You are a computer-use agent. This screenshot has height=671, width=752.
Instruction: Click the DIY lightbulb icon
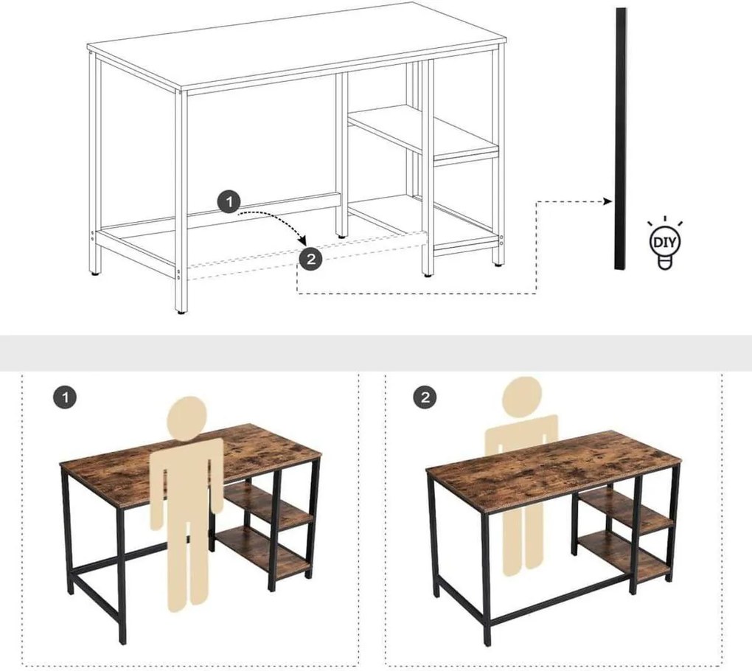664,244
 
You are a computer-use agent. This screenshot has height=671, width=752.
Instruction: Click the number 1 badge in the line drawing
229,201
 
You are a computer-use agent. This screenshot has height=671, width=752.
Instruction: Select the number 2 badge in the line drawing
310,258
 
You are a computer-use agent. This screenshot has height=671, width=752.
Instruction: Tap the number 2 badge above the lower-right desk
425,398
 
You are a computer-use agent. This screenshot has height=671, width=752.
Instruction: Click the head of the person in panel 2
522,397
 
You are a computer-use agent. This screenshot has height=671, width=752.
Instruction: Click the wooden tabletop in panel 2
553,465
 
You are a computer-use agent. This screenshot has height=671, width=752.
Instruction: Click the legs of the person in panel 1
187,568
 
